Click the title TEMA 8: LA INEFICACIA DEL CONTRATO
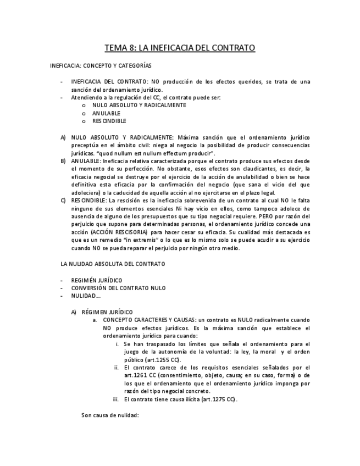tap(180, 48)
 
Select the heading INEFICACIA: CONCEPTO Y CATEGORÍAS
tap(101, 65)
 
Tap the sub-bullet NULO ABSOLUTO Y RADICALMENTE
tap(139, 105)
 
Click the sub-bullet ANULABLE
tap(106, 113)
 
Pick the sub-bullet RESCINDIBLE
tap(109, 121)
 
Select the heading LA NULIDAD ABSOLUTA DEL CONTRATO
tap(113, 264)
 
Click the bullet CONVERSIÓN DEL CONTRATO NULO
tap(118, 288)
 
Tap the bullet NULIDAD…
tap(86, 296)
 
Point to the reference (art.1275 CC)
tap(219, 399)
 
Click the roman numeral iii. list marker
tap(116, 399)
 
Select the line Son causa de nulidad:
tap(110, 415)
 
